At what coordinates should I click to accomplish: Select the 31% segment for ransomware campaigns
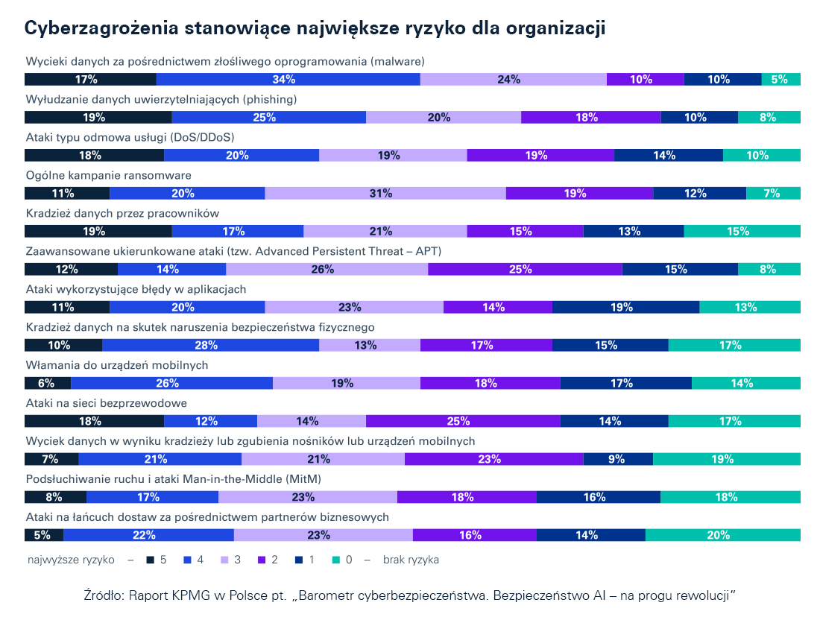(385, 194)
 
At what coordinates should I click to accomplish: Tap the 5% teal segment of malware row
(780, 80)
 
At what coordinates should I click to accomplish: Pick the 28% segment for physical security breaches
(210, 345)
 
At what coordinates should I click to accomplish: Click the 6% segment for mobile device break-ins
(48, 383)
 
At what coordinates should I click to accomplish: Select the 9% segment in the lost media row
(616, 459)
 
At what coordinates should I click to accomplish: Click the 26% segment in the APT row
(323, 270)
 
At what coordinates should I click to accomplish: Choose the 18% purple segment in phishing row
(590, 118)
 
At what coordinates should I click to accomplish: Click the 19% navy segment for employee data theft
(98, 232)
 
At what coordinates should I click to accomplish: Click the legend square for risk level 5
(150, 560)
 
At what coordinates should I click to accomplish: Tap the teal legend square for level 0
(335, 560)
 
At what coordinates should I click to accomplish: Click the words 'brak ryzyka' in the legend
(411, 560)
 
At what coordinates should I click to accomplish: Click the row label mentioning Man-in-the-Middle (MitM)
(174, 478)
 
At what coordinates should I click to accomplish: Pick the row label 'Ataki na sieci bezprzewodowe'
(106, 402)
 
